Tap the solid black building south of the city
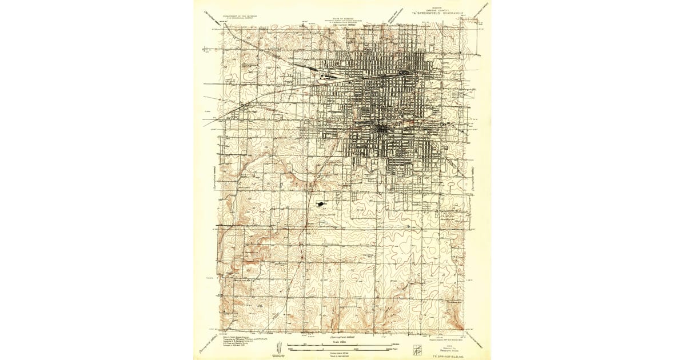pyautogui.click(x=319, y=203)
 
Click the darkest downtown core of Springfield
pyautogui.click(x=381, y=130)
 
